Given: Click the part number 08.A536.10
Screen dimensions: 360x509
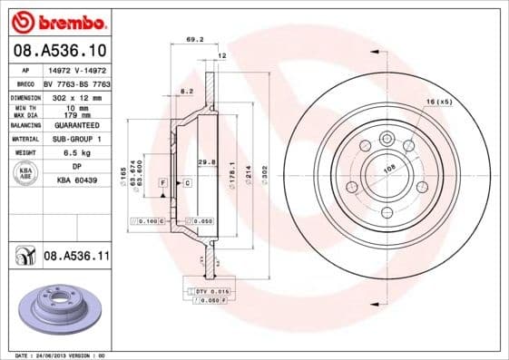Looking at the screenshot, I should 60,50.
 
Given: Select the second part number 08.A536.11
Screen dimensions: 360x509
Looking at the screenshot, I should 76,258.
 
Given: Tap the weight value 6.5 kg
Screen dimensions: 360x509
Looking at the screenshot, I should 74,152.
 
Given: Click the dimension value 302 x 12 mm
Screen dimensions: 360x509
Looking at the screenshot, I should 75,95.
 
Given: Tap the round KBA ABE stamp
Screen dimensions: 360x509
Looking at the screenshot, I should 26,173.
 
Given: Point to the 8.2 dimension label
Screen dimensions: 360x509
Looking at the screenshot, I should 186,92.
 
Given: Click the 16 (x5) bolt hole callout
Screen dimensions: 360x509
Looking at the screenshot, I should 437,102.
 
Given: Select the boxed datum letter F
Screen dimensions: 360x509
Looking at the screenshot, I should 163,182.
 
